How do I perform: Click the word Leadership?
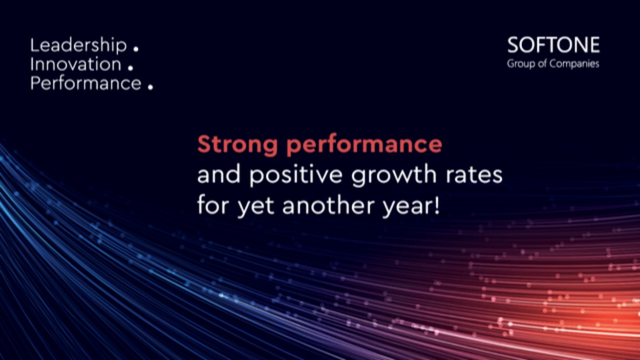(x=78, y=45)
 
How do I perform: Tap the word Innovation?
(x=76, y=64)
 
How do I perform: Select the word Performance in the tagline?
(x=85, y=83)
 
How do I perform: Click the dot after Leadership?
(x=136, y=49)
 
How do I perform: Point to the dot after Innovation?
(x=130, y=68)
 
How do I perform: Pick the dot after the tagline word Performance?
(x=150, y=87)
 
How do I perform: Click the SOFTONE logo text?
(x=554, y=45)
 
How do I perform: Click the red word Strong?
(x=237, y=145)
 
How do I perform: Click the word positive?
(x=296, y=175)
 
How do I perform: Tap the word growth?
(x=394, y=175)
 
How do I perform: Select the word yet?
(x=256, y=207)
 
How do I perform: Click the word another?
(x=328, y=205)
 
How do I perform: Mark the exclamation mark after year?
(x=436, y=205)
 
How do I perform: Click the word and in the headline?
(x=219, y=174)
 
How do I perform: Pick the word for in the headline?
(x=214, y=205)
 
